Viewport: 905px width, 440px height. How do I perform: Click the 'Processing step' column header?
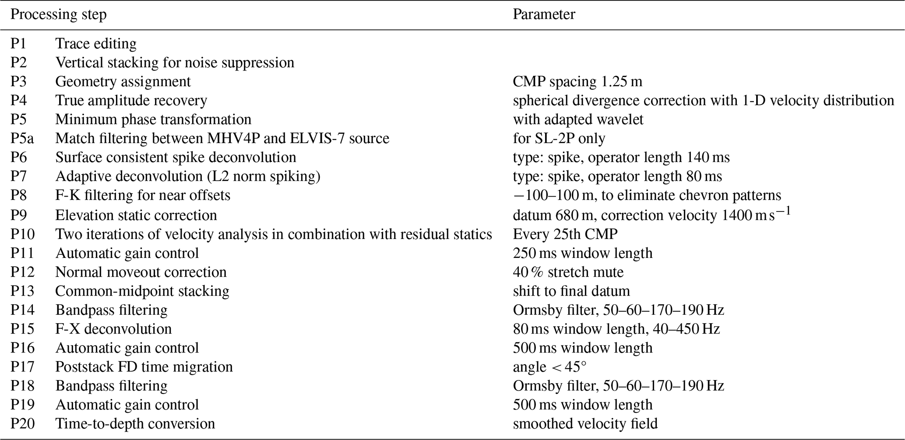[58, 14]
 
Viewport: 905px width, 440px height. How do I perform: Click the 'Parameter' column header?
[544, 14]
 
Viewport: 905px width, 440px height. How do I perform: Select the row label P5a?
[22, 138]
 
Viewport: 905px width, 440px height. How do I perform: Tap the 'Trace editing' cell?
[96, 44]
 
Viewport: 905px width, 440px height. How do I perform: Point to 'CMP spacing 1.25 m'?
[578, 82]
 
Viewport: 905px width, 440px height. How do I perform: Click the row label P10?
[22, 234]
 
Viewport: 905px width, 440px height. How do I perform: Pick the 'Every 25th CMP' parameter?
[565, 234]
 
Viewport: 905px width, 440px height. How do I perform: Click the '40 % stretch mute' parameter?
[568, 272]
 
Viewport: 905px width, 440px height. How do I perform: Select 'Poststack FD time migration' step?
[144, 367]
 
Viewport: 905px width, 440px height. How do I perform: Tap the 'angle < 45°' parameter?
[549, 367]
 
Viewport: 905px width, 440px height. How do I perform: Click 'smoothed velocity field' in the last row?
[585, 424]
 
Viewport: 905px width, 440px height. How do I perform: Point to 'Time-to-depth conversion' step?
[135, 424]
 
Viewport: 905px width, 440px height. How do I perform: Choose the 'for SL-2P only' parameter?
[559, 138]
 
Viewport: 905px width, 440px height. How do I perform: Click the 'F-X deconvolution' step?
[113, 329]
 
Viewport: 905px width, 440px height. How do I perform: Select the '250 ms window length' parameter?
[582, 253]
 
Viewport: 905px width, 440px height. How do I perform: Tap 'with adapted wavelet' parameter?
[578, 120]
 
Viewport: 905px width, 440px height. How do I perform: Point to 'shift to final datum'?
[571, 291]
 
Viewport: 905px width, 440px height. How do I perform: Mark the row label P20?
[22, 424]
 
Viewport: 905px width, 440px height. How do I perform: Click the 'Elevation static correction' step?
[136, 215]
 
